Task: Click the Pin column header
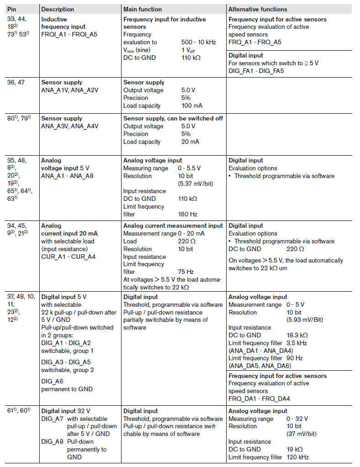[x=12, y=9]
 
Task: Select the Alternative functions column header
[x=258, y=9]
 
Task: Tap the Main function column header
[x=143, y=9]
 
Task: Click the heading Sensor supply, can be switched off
[x=173, y=118]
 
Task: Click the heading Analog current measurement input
[x=173, y=226]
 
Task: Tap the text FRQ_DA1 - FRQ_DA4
[x=259, y=398]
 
